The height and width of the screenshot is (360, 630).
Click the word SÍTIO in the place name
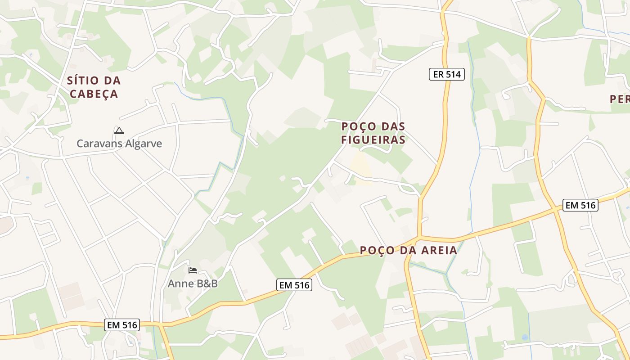click(83, 81)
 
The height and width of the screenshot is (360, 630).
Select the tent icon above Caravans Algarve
click(119, 131)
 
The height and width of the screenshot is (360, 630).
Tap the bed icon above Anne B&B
click(193, 270)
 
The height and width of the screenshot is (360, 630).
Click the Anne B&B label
click(193, 283)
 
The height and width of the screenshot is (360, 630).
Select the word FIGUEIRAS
click(373, 139)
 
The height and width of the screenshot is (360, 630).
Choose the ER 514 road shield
click(446, 74)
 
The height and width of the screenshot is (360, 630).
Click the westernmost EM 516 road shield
click(122, 324)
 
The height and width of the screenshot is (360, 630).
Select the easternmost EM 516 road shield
click(580, 205)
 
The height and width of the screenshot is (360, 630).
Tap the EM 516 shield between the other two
click(294, 285)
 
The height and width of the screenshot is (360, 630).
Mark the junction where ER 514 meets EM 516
click(419, 237)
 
